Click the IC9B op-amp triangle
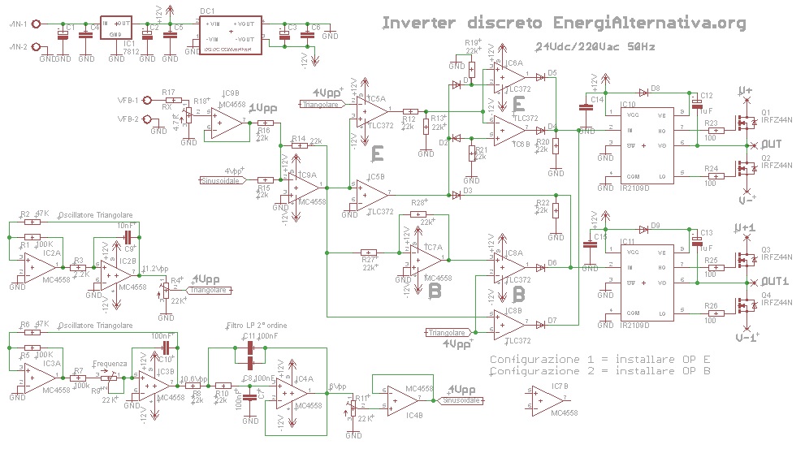[x=227, y=122]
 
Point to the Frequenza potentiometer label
[x=110, y=364]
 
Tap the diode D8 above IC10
[x=643, y=92]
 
